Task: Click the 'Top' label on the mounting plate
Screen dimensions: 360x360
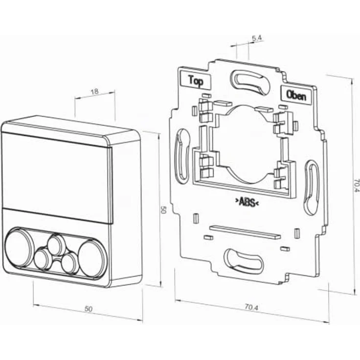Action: click(196, 81)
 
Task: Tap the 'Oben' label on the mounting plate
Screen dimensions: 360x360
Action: click(296, 95)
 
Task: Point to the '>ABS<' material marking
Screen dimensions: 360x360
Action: click(247, 202)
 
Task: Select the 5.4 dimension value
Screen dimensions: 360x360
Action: click(257, 38)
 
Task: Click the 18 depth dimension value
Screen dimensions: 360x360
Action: click(94, 91)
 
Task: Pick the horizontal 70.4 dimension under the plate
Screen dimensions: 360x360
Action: click(251, 307)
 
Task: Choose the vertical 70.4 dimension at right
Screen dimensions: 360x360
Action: click(356, 185)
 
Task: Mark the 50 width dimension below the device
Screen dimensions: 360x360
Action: click(89, 309)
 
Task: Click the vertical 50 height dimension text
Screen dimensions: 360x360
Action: click(163, 210)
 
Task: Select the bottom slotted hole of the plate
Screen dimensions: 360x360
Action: click(243, 262)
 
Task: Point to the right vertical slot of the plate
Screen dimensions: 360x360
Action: click(312, 187)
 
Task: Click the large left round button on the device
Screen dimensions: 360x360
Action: click(18, 248)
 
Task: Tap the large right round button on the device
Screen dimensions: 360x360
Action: click(91, 259)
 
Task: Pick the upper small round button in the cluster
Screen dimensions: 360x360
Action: click(55, 245)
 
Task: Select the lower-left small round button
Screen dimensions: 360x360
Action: click(42, 259)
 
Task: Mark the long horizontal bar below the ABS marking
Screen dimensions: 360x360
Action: click(245, 232)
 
